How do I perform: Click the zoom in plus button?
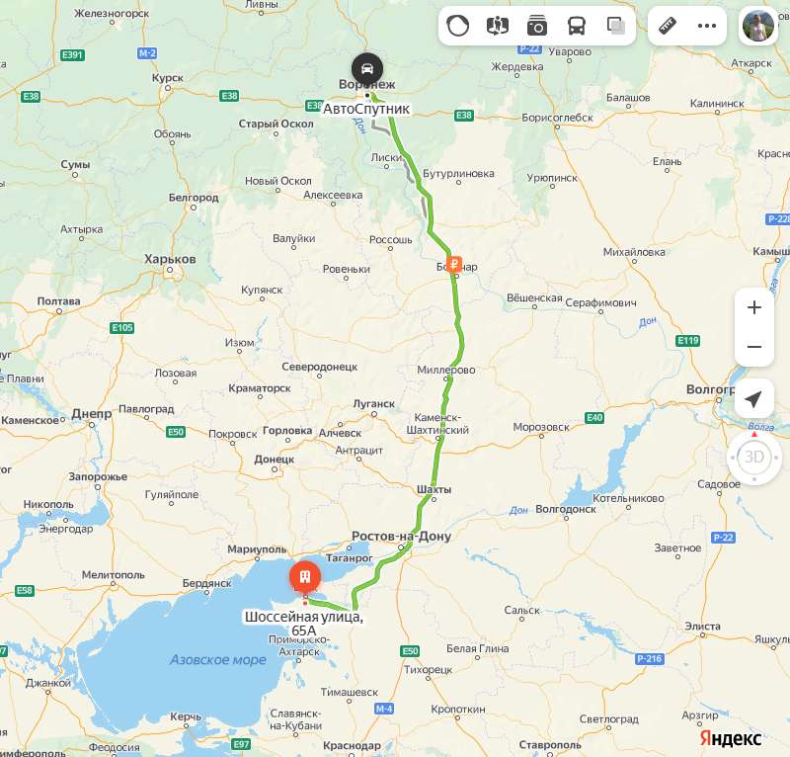point(754,307)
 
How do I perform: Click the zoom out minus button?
point(754,347)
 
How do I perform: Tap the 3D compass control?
point(754,457)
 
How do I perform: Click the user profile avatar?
point(759,26)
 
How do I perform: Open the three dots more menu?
point(707,26)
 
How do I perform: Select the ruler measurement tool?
point(669,26)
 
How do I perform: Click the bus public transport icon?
point(577,26)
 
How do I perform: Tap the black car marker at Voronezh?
point(367,68)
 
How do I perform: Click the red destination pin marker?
point(304,576)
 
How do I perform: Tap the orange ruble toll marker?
point(454,264)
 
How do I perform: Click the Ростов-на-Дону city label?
point(401,537)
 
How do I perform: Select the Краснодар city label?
point(351,745)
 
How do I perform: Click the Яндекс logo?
point(731,738)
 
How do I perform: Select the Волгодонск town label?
point(565,510)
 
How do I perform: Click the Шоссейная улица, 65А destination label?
point(304,624)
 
